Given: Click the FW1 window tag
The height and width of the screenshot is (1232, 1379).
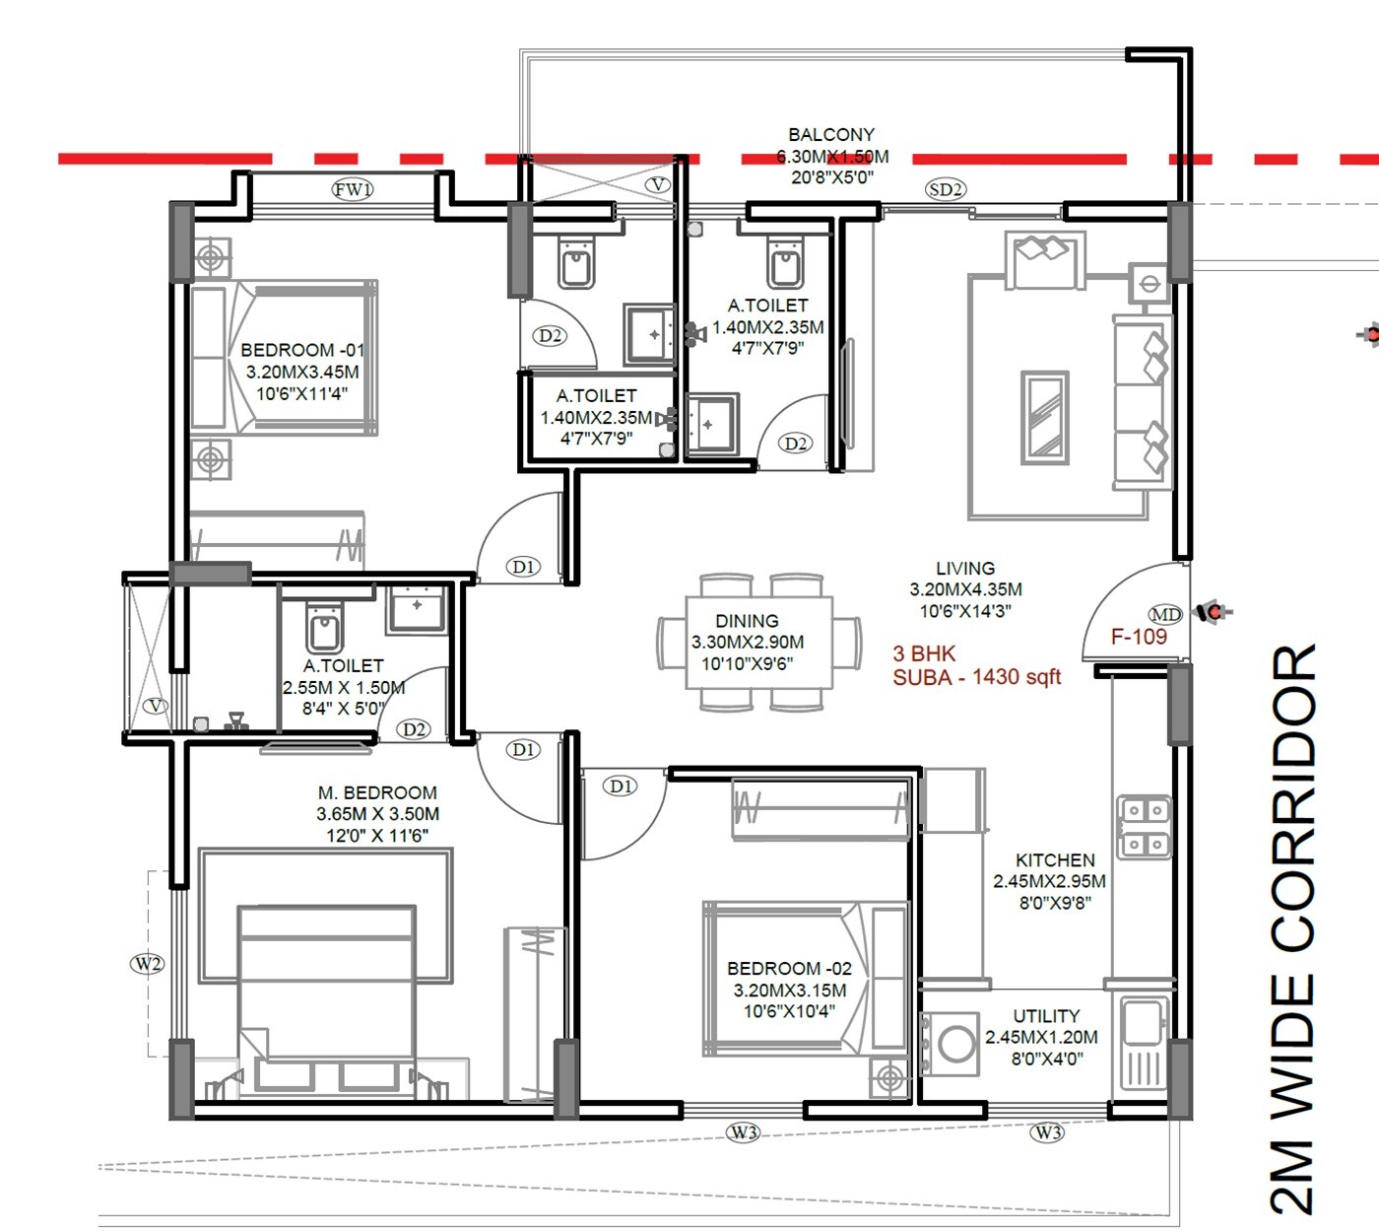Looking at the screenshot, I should [353, 189].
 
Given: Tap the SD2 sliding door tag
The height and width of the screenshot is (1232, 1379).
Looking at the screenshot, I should [946, 189].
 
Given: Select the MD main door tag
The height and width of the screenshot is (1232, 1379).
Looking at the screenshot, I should [1165, 615].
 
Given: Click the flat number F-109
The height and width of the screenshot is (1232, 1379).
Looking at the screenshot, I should [1139, 637].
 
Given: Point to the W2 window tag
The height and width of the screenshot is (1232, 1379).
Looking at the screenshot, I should [147, 963].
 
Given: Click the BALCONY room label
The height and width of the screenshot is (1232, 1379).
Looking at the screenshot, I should [830, 135].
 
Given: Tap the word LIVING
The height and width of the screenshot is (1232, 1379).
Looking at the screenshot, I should [965, 569].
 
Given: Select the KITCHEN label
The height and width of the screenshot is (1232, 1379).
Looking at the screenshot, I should [1055, 860].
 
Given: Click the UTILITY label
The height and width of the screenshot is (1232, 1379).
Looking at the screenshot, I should [1046, 1016].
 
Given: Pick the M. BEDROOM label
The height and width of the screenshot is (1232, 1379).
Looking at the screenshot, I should [377, 792].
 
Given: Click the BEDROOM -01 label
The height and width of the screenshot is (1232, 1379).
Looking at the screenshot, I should [302, 350].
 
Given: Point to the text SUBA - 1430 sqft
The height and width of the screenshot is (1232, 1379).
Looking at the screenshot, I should [976, 677].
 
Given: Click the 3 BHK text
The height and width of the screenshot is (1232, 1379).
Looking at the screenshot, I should [924, 653].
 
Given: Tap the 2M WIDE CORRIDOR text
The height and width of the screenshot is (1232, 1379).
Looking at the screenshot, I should [1293, 926].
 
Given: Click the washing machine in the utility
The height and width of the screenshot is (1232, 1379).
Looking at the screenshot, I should [954, 1044].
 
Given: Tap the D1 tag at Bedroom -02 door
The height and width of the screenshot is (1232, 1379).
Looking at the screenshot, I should [622, 786].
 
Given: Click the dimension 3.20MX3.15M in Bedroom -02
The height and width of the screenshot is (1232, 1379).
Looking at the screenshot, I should [789, 990].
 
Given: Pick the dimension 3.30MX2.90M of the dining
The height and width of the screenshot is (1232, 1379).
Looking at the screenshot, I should [747, 642].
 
